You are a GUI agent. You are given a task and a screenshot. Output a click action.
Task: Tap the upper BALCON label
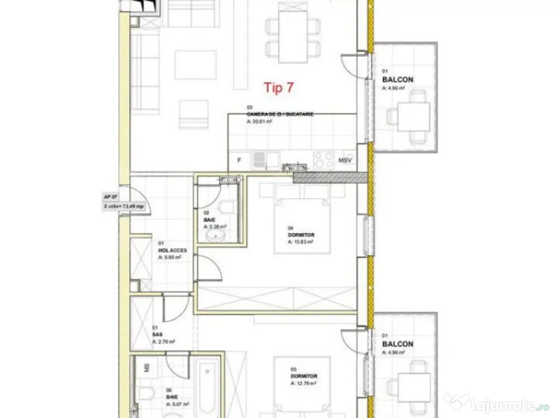pos(397,79)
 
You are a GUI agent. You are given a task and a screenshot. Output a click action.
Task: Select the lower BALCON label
pos(397,344)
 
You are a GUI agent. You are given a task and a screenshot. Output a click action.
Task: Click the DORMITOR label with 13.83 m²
pos(301,235)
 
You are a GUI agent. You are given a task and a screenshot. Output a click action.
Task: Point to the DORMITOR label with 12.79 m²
pos(304,376)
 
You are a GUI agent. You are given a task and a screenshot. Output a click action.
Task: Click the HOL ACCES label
pos(172,250)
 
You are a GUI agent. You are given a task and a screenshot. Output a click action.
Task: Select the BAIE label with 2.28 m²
pos(210,220)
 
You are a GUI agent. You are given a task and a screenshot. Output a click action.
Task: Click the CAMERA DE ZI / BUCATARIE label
pos(280,115)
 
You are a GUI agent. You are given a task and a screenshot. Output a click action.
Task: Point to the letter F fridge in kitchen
pos(239,160)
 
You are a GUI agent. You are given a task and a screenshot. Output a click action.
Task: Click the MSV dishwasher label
pos(344,161)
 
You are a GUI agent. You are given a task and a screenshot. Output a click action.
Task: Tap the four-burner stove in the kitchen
pos(324,159)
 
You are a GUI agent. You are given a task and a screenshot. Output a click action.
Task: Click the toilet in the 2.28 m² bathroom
pos(227,206)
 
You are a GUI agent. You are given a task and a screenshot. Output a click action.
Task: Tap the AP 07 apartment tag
pos(111,196)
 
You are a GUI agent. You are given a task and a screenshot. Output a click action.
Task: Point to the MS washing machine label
pos(147,368)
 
